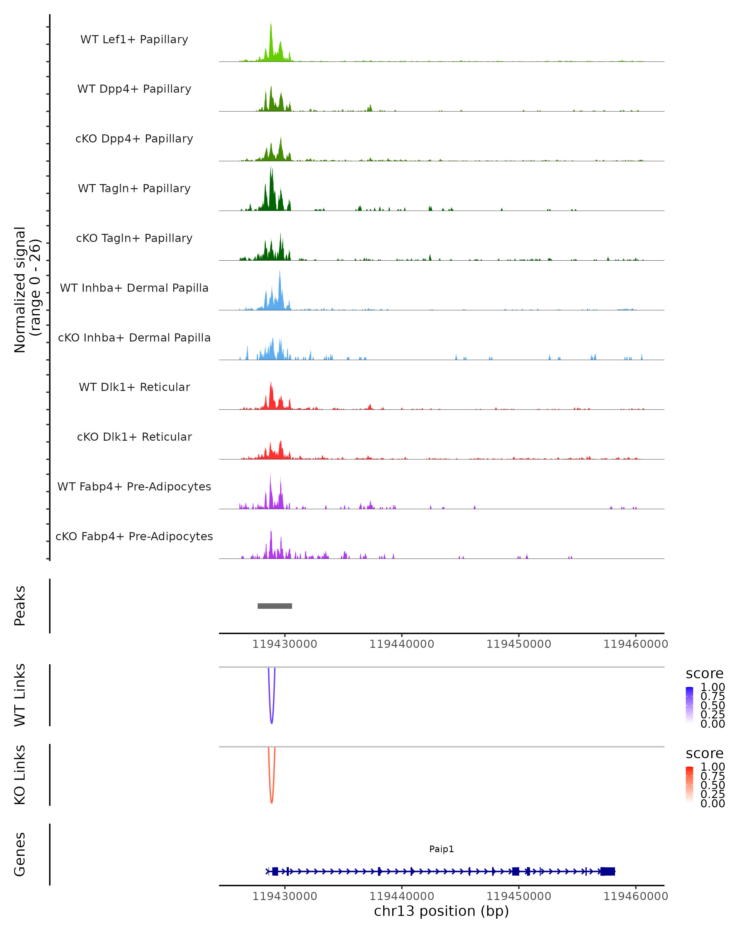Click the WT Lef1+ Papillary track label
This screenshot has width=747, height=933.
coord(134,39)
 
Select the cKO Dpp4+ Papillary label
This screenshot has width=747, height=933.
coord(134,139)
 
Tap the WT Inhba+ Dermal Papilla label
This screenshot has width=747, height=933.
coord(134,288)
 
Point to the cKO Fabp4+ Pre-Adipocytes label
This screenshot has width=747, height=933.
coord(134,536)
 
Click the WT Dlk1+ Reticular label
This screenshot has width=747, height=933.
coord(134,387)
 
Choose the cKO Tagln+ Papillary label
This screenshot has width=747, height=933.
coord(134,239)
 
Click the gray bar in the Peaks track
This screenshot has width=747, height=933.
coord(275,606)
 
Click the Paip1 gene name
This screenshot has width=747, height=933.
coord(441,849)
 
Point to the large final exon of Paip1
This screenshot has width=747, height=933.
coord(608,871)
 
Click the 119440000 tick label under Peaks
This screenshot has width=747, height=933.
coord(402,644)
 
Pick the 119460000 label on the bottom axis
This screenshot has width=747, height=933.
coord(635,896)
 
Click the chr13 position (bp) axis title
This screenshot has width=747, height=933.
coord(441,911)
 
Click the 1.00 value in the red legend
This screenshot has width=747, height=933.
coord(712,767)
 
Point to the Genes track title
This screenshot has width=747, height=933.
coord(20,854)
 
